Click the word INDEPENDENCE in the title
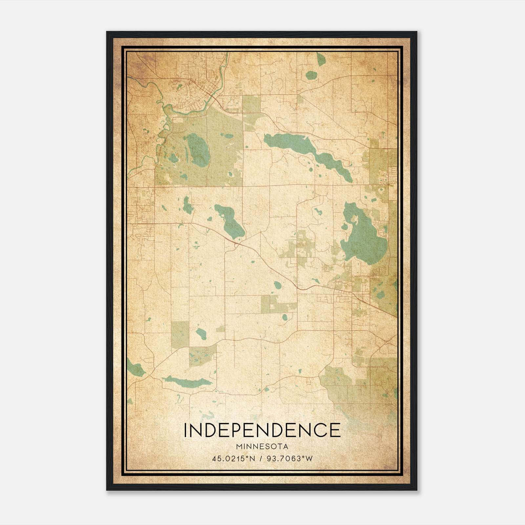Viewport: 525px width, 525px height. click(x=262, y=430)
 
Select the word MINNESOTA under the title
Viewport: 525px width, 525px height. click(x=262, y=447)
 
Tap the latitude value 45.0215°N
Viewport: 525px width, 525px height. click(x=234, y=459)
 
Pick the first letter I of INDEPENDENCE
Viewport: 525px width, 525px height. click(x=186, y=430)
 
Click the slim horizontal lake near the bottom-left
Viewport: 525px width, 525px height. click(x=187, y=382)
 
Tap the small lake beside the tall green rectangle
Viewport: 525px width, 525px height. click(x=201, y=334)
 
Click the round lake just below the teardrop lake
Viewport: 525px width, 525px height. click(x=310, y=76)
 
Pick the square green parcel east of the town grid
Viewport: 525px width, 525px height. click(x=251, y=103)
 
